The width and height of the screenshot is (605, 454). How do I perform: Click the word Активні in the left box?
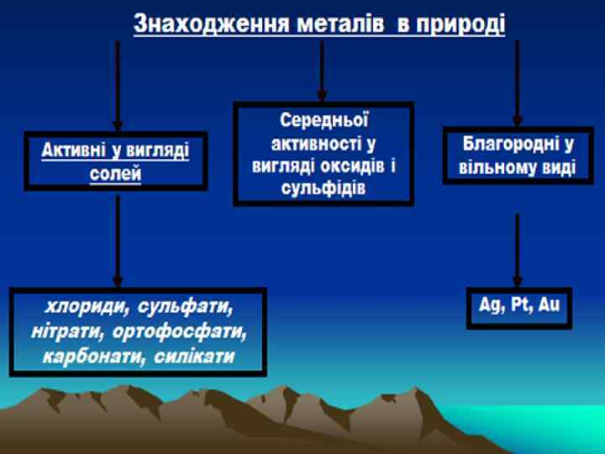pyautogui.click(x=74, y=151)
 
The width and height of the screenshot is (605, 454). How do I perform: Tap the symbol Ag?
pyautogui.click(x=489, y=304)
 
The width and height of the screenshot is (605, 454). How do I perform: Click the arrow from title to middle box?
pyautogui.click(x=322, y=71)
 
